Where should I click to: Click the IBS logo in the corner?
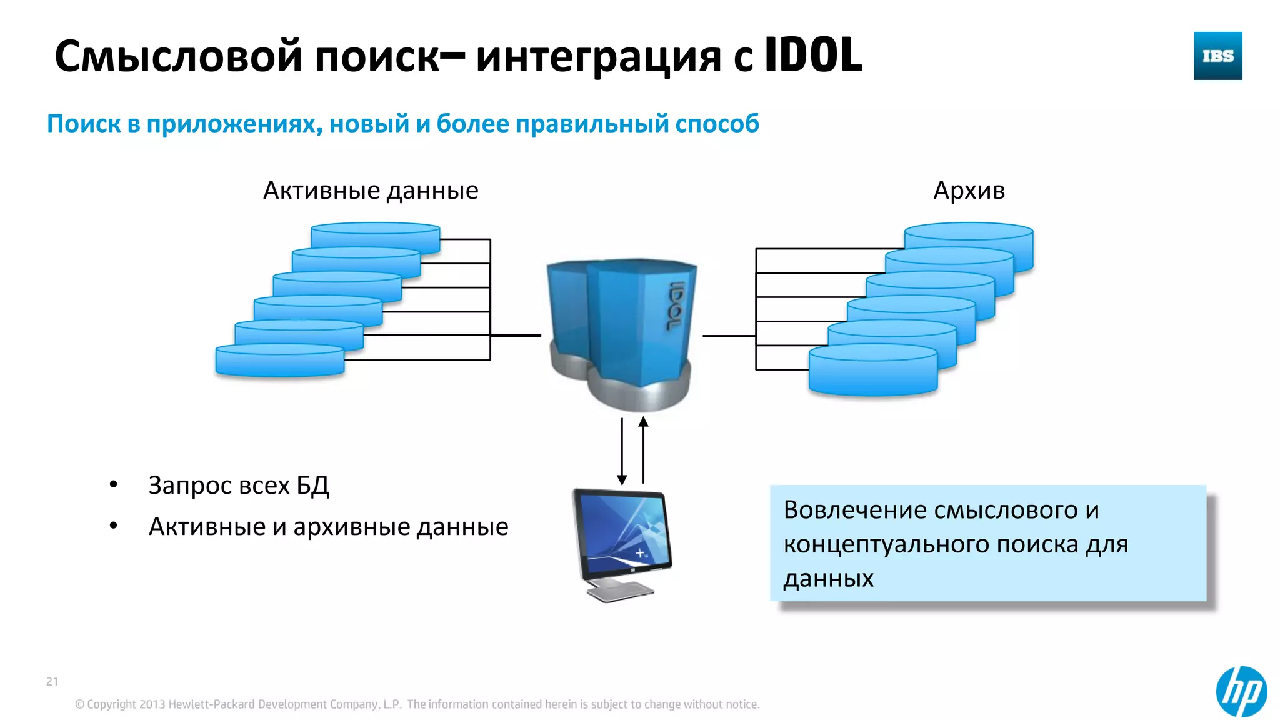pos(1217,56)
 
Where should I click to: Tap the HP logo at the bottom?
pos(1241,691)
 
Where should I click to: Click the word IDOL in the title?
pos(813,56)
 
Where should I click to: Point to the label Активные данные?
pos(371,191)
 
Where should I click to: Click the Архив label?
pos(969,191)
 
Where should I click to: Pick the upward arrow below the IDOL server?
pos(643,450)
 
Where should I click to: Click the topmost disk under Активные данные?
pos(376,236)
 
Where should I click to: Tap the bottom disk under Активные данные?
pos(279,361)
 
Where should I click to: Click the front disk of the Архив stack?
pos(873,372)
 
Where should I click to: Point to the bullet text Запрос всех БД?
pos(239,486)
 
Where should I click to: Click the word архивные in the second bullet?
pos(351,527)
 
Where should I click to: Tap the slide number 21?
pos(52,681)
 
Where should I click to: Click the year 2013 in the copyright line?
pos(152,704)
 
